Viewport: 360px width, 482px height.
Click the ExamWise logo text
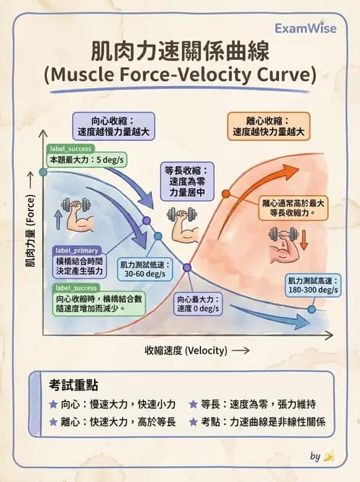[305, 28]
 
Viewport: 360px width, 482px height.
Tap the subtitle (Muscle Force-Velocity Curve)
[179, 75]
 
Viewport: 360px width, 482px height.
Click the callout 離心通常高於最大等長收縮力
[293, 209]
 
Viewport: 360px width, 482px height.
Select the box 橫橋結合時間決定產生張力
[80, 265]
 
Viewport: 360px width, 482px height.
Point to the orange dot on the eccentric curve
[225, 194]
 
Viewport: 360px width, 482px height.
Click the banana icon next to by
[328, 456]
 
